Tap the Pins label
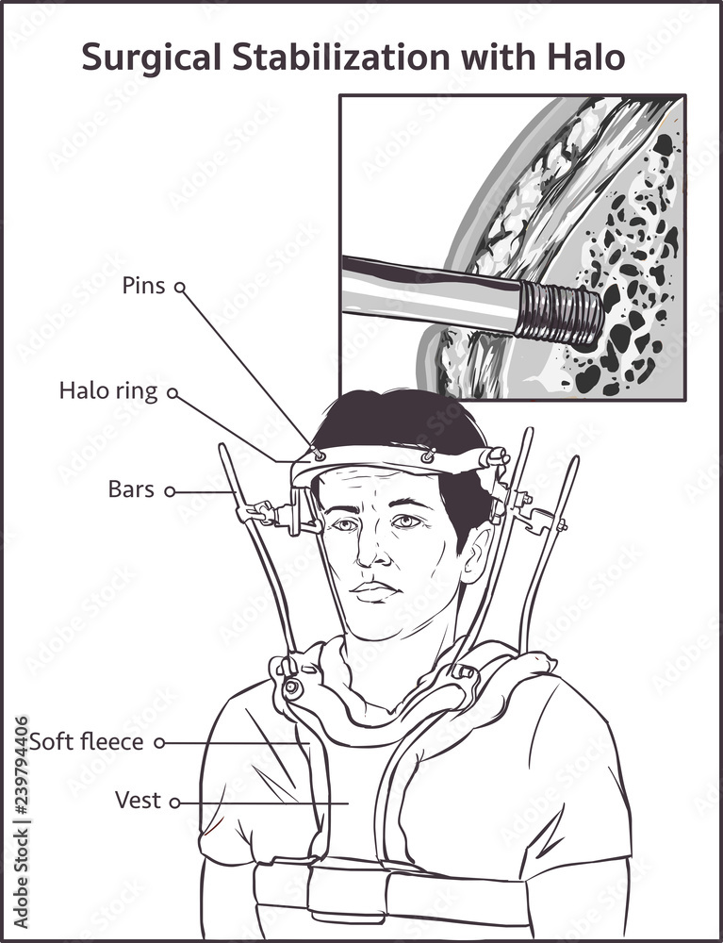coord(143,285)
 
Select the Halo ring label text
coord(108,391)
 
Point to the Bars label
coord(131,488)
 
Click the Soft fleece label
coord(87,741)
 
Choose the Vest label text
coord(138,801)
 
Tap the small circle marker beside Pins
coord(180,287)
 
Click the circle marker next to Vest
coord(175,802)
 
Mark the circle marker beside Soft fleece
coord(159,743)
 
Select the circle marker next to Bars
coord(170,491)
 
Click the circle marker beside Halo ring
coord(173,392)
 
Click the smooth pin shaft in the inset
coord(430,293)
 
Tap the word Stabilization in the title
coord(342,58)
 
